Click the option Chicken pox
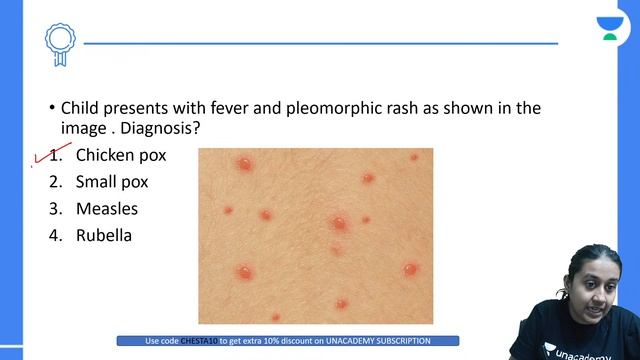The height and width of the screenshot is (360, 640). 121,156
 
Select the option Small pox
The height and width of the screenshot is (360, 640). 112,183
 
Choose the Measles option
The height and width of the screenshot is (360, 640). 107,210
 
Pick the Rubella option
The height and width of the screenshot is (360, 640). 104,237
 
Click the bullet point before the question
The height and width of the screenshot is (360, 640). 51,108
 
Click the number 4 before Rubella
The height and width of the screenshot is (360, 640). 56,237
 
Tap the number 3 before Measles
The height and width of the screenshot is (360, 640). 56,210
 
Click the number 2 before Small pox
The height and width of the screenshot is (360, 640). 56,183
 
